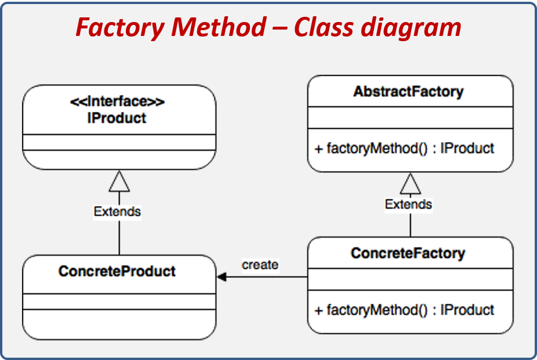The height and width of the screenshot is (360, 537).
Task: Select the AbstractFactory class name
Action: [x=409, y=92]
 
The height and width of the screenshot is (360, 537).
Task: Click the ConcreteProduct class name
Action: [x=117, y=271]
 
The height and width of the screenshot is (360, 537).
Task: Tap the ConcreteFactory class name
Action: [x=408, y=253]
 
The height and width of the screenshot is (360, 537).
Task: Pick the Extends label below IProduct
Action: [x=117, y=212]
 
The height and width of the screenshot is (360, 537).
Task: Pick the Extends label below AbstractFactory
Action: [x=409, y=204]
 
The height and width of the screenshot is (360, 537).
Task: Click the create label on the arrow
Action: [x=260, y=265]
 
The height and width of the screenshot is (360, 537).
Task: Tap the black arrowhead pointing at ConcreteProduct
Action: [x=222, y=277]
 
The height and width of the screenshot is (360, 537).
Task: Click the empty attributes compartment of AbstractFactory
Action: [x=410, y=118]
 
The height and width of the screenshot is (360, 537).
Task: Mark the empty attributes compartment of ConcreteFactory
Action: [x=410, y=279]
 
